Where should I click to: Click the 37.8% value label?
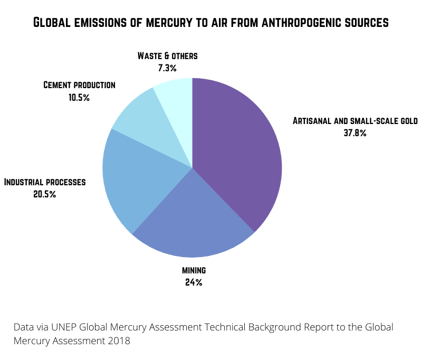pyautogui.click(x=354, y=133)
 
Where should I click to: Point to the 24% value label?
pyautogui.click(x=194, y=282)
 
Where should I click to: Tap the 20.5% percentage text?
pyautogui.click(x=44, y=194)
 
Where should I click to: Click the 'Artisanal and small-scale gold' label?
pyautogui.click(x=355, y=121)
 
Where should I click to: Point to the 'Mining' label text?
pyautogui.click(x=194, y=270)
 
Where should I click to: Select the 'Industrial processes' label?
pyautogui.click(x=45, y=182)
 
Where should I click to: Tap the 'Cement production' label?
pyautogui.click(x=79, y=85)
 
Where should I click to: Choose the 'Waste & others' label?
pyautogui.click(x=167, y=55)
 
